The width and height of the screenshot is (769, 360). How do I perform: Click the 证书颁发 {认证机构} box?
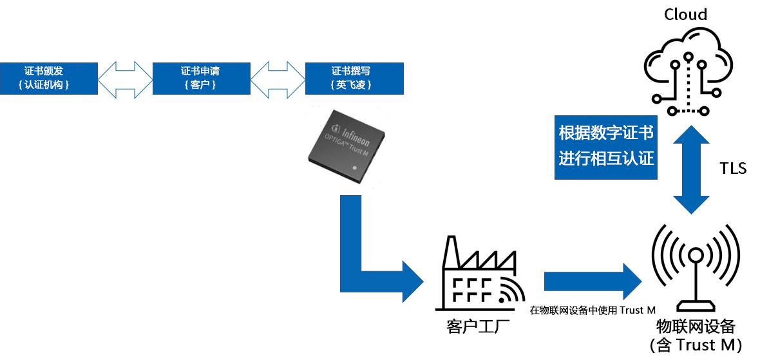(49, 79)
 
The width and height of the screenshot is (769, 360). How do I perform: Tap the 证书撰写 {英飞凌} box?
(355, 79)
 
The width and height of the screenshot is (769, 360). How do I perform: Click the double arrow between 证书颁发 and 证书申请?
(125, 79)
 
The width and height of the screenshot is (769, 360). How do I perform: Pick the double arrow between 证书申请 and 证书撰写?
(278, 79)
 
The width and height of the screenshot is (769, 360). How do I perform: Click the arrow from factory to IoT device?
(593, 281)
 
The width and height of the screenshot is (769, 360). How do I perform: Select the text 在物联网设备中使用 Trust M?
(593, 310)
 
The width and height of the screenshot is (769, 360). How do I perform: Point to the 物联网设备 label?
(696, 326)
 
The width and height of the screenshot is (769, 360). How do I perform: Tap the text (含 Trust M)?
(696, 345)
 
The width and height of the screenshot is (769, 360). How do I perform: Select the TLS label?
(733, 169)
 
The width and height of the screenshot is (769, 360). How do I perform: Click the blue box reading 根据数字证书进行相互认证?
(606, 146)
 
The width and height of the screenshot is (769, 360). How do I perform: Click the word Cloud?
(686, 15)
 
